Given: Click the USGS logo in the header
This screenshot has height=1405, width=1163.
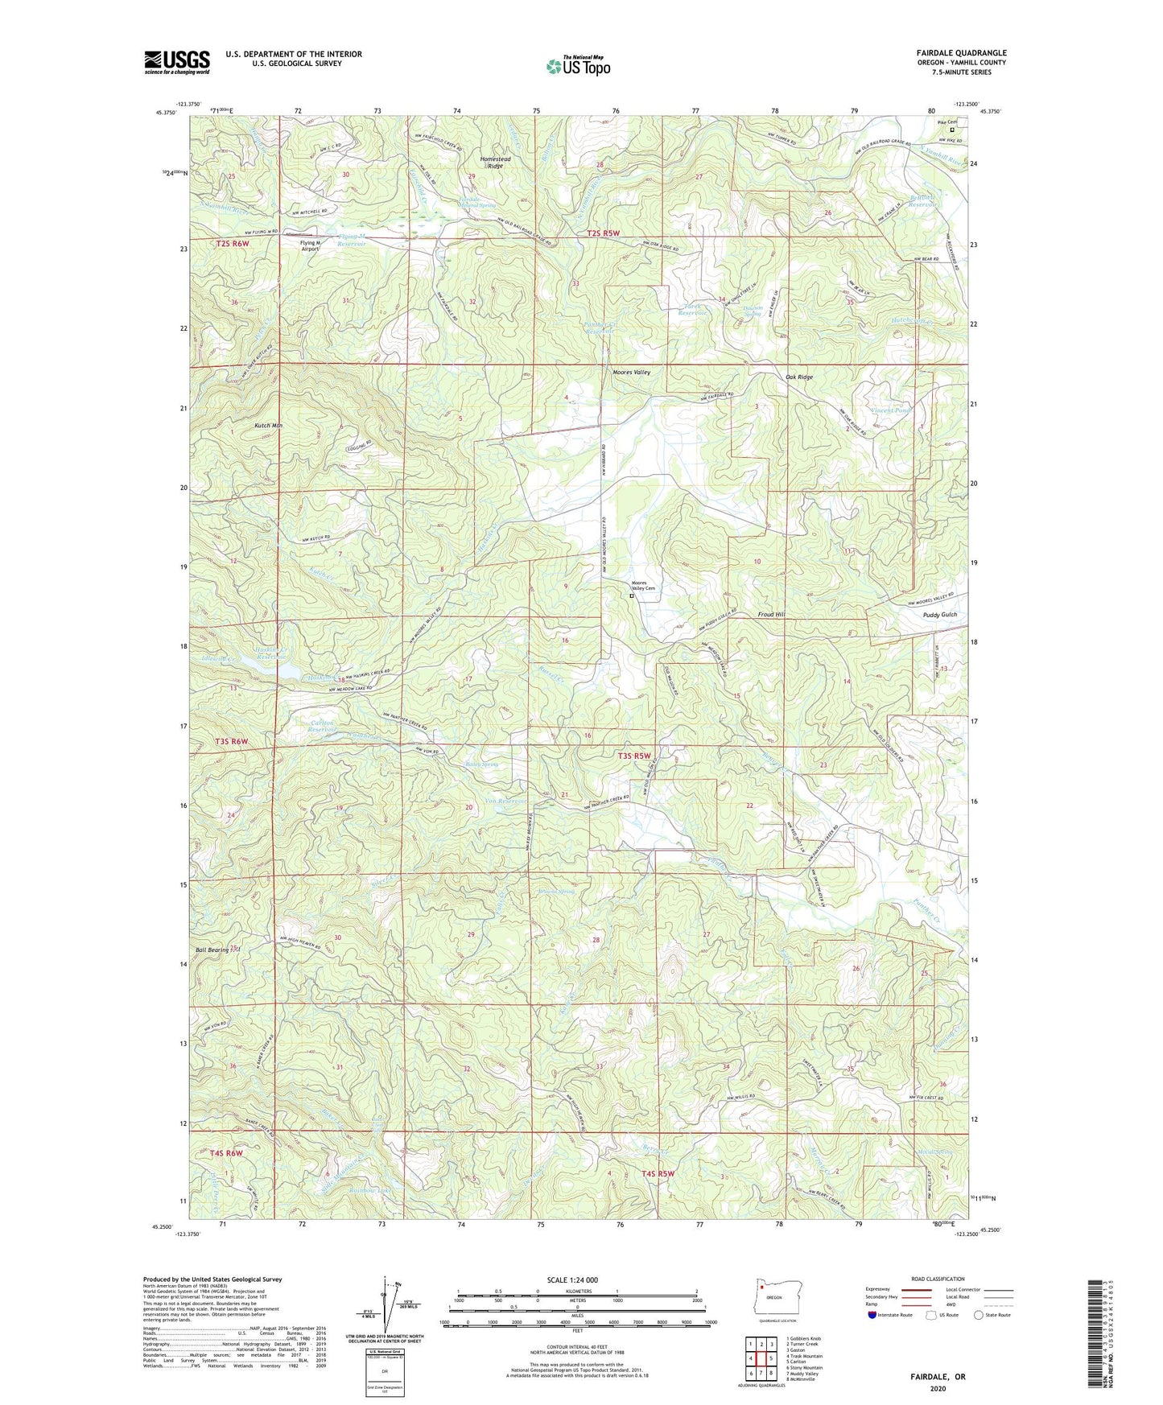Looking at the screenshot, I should click(177, 62).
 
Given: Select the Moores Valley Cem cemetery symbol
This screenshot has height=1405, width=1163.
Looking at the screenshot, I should click(632, 597).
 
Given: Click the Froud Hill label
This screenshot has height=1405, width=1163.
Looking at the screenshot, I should click(770, 614).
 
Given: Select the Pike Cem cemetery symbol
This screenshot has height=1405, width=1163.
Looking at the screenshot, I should click(952, 130).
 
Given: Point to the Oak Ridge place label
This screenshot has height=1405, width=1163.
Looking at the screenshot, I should click(799, 377).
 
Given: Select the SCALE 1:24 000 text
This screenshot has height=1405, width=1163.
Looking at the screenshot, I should click(571, 1279).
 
